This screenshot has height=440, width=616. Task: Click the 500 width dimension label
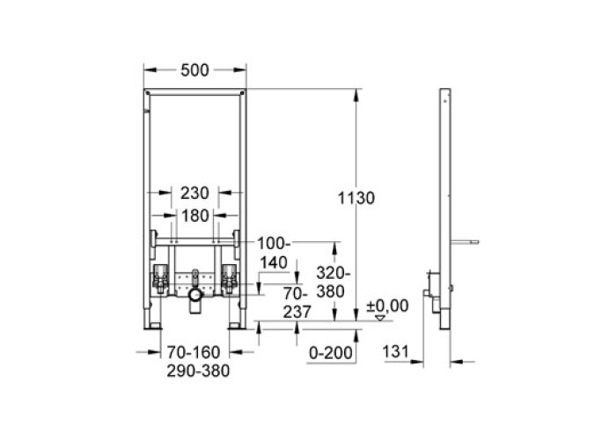point(194,70)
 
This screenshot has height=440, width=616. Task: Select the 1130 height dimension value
point(356,198)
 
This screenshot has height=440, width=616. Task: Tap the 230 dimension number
point(194,193)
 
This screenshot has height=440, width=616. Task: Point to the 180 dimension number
point(194,216)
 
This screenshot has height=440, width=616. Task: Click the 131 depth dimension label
point(396,352)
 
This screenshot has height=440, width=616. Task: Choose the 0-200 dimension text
point(331,353)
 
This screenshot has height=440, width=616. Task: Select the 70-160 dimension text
point(194,352)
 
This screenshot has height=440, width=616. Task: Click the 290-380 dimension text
point(198,370)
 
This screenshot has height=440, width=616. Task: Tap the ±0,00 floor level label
point(387,305)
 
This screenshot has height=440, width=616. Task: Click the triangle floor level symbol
point(380,318)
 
